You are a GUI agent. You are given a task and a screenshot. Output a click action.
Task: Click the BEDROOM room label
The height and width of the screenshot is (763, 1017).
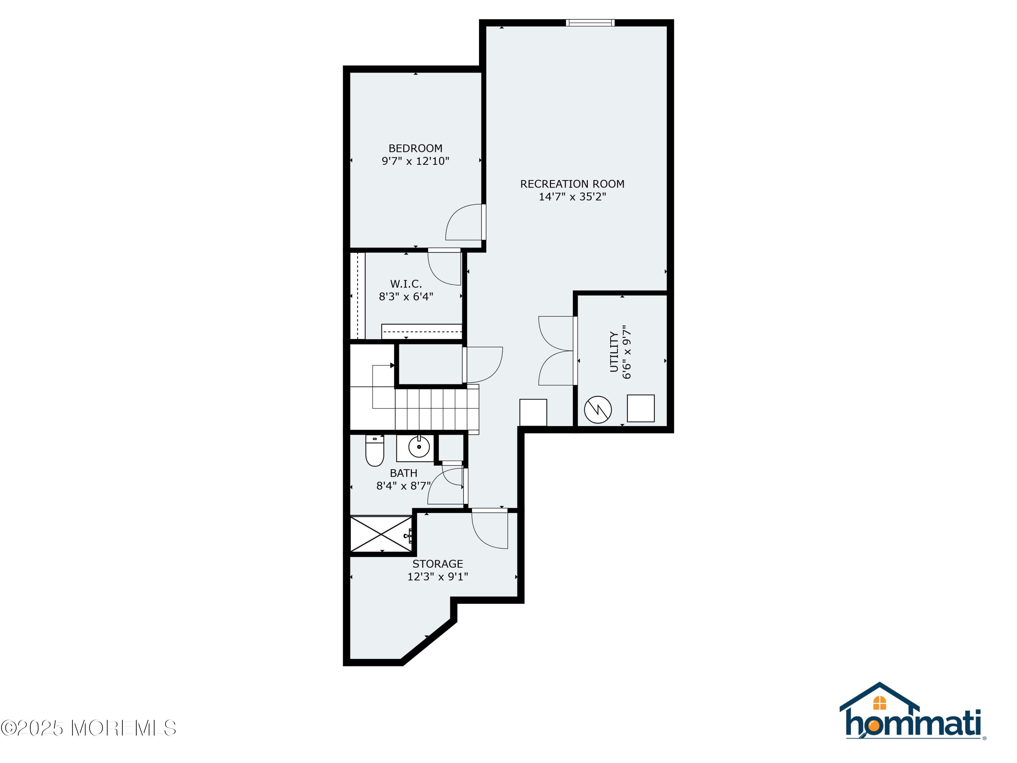tap(415, 148)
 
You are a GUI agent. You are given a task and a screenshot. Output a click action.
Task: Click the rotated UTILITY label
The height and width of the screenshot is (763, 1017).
tap(614, 352)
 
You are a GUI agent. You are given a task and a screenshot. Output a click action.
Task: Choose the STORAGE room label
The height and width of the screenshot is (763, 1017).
tap(437, 564)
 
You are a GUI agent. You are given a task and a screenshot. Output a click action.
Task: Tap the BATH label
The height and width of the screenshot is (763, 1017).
tap(403, 473)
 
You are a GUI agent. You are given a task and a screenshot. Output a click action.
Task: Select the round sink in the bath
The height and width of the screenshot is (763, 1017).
tap(419, 447)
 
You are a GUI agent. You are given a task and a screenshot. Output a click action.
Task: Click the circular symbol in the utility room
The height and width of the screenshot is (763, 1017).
tap(598, 409)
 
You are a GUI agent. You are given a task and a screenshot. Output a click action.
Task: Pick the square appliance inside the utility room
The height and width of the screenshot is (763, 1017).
tap(640, 408)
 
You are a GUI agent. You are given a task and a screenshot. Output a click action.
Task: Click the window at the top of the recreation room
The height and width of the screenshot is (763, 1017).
tap(590, 22)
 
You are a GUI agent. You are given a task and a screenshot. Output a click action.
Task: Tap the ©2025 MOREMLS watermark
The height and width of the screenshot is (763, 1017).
tap(88, 728)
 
